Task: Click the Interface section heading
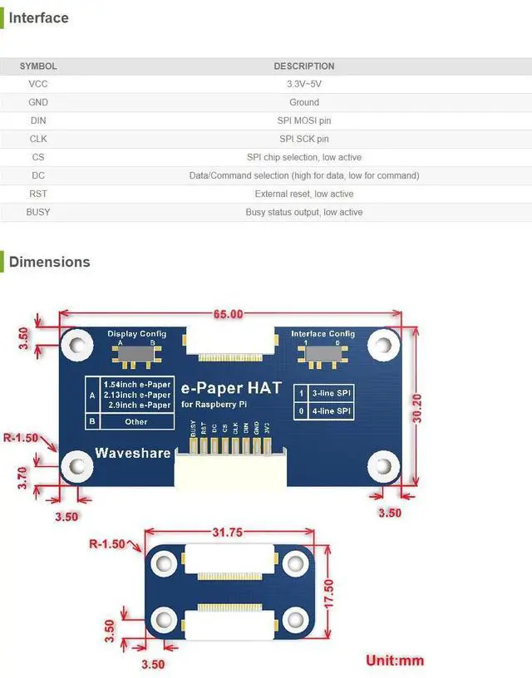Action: coord(38,17)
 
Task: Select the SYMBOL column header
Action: coord(38,66)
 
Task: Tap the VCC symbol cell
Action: coord(38,84)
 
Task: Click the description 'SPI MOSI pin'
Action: coord(303,120)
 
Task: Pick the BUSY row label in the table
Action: coord(38,212)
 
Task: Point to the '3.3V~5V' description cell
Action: coord(303,84)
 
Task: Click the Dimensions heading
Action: coord(49,262)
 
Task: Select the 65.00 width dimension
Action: coord(229,314)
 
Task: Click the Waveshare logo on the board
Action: coord(132,453)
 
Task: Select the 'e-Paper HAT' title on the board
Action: coord(231,388)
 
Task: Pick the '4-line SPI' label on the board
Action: coord(332,410)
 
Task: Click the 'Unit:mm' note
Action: coord(395,661)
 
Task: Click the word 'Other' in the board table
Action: coord(135,421)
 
